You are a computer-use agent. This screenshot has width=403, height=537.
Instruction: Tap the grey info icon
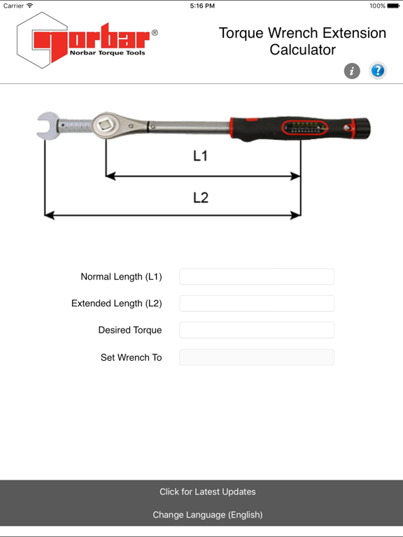pyautogui.click(x=352, y=71)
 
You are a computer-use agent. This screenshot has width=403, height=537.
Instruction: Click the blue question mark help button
pyautogui.click(x=378, y=71)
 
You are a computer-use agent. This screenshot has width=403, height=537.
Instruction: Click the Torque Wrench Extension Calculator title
pyautogui.click(x=302, y=41)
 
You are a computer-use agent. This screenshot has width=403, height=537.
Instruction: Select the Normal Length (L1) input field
pyautogui.click(x=257, y=277)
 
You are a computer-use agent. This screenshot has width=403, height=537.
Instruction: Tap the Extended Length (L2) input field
pyautogui.click(x=257, y=303)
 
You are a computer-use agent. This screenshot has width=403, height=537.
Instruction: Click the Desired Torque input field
pyautogui.click(x=257, y=330)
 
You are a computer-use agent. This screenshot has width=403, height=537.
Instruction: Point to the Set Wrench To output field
pyautogui.click(x=257, y=357)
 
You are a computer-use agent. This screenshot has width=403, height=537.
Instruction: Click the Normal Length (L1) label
pyautogui.click(x=121, y=277)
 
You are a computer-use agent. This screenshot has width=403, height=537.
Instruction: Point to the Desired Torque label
pyautogui.click(x=130, y=330)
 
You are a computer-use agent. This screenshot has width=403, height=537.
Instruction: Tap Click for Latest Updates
pyautogui.click(x=208, y=492)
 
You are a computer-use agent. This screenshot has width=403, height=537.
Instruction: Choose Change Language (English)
pyautogui.click(x=208, y=515)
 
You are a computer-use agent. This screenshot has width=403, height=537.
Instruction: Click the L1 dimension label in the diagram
pyautogui.click(x=201, y=156)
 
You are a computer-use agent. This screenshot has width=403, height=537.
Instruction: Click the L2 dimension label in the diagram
pyautogui.click(x=201, y=198)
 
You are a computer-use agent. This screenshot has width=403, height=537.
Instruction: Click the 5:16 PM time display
pyautogui.click(x=201, y=6)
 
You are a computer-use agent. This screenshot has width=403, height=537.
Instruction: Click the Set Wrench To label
pyautogui.click(x=131, y=357)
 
